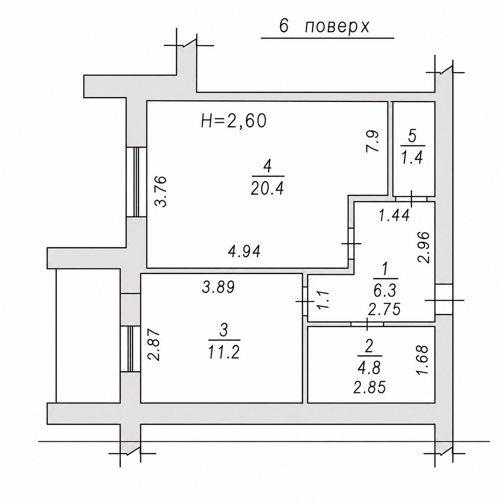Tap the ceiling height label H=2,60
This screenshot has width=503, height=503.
coord(234,121)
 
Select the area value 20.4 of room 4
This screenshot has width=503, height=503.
coord(267,189)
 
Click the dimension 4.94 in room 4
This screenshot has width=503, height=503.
coord(244,252)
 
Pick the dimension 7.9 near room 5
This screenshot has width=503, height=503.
coord(371,141)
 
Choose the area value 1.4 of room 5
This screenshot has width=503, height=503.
coord(412,158)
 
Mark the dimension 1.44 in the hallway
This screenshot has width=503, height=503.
coord(394,216)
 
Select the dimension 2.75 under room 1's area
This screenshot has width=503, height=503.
coord(384,309)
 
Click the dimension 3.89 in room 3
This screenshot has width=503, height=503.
coord(219,287)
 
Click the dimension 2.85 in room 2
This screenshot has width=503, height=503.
coord(369,387)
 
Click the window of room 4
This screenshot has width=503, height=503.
coord(136,182)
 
